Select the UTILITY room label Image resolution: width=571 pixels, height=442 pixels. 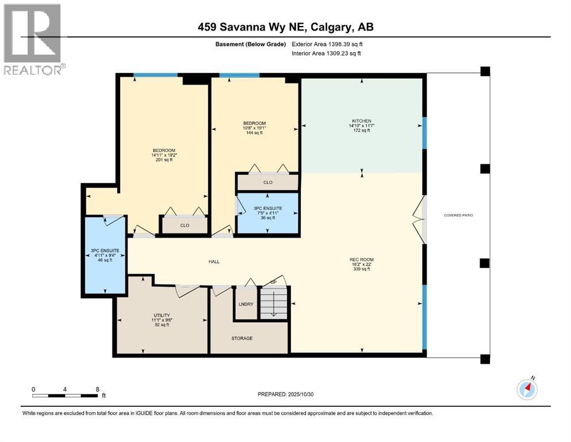click(162, 315)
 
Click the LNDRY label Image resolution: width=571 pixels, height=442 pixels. click(246, 304)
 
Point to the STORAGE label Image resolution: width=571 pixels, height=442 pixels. click(242, 338)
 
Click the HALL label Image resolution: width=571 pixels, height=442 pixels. click(214, 262)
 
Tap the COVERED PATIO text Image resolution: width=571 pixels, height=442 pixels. click(458, 215)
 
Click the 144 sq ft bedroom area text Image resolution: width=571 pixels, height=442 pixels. click(254, 133)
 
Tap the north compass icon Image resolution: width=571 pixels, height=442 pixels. click(527, 390)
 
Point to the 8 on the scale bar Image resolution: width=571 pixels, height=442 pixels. click(97, 389)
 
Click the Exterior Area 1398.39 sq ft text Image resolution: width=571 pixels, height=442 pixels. click(327, 44)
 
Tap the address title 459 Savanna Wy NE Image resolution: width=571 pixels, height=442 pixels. click(285, 27)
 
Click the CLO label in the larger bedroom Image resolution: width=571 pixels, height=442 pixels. click(185, 226)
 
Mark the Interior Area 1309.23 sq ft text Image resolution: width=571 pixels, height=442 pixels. click(326, 54)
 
